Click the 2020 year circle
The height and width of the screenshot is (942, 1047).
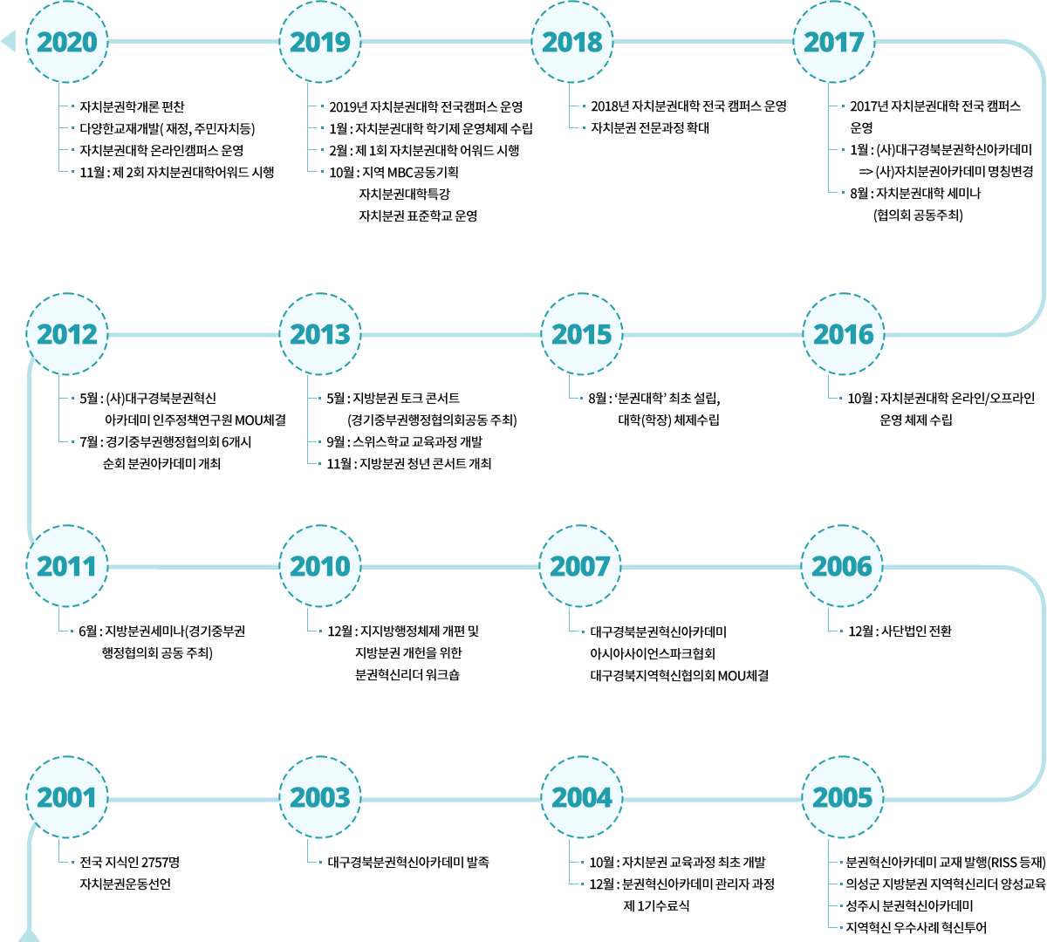(67, 42)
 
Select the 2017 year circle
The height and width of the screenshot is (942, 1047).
(833, 42)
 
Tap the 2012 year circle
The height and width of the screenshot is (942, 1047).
(67, 334)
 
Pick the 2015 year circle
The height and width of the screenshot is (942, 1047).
(581, 334)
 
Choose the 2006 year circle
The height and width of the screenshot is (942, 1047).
(842, 566)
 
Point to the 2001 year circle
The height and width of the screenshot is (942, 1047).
(67, 797)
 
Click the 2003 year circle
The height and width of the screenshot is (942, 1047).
(320, 797)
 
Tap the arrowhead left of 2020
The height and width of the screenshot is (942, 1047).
(9, 41)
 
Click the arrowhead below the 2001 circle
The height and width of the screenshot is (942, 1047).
(29, 935)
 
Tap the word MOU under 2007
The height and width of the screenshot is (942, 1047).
(732, 676)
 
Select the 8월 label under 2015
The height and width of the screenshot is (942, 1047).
(599, 399)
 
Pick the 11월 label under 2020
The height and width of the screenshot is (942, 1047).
(92, 173)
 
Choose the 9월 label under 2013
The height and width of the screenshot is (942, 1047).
(337, 442)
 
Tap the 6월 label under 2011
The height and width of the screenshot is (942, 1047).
(88, 631)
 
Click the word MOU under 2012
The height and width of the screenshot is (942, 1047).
(249, 420)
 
